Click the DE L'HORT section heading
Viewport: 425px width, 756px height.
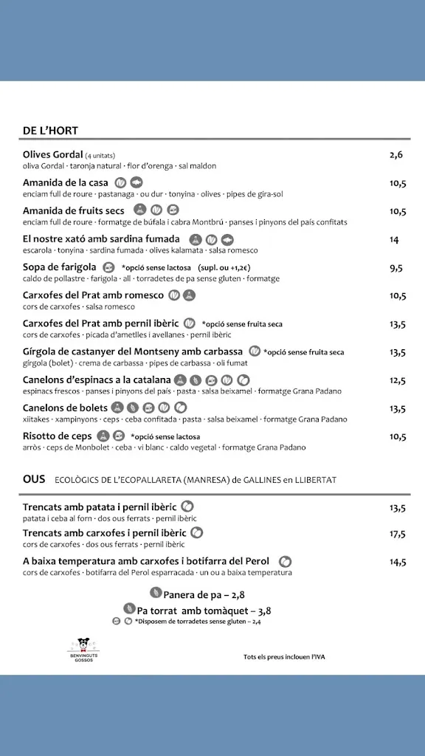[x=50, y=131]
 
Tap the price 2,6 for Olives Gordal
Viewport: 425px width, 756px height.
[x=396, y=155]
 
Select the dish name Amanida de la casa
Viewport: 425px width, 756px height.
[x=66, y=182]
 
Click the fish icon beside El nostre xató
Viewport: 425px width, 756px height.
[x=227, y=239]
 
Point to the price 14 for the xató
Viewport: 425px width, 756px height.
[x=394, y=239]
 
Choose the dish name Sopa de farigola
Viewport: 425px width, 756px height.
[x=60, y=267]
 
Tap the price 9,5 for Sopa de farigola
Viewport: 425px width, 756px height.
[x=396, y=267]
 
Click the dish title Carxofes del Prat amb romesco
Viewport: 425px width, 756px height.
[x=94, y=295]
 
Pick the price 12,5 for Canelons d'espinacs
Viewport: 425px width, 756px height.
[x=398, y=380]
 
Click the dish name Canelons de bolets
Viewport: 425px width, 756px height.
[x=66, y=408]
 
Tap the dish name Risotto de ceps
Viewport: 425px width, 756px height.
[x=58, y=436]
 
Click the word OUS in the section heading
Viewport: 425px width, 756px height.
[x=34, y=479]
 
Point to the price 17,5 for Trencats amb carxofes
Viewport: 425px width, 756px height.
[x=398, y=534]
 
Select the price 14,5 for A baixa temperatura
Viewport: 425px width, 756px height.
[x=398, y=562]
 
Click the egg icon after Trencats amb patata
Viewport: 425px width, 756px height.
[x=187, y=506]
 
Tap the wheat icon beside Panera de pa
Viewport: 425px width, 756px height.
[x=155, y=592]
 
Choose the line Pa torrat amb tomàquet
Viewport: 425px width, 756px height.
[x=204, y=610]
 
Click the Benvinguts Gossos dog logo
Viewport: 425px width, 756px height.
[x=83, y=647]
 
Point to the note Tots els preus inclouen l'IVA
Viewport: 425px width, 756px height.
[x=283, y=656]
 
